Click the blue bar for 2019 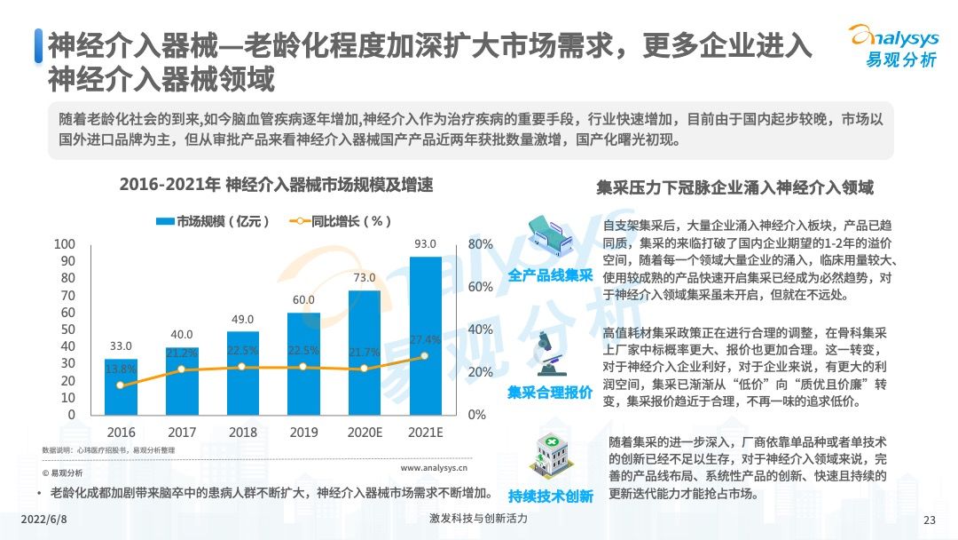(x=303, y=364)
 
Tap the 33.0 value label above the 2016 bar (x=122, y=346)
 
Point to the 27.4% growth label (x=425, y=340)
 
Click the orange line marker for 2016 (x=121, y=385)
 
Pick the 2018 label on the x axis (x=242, y=433)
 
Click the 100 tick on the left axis (x=65, y=244)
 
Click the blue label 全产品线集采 (x=551, y=276)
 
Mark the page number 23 (x=930, y=520)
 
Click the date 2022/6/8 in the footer (x=43, y=519)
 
